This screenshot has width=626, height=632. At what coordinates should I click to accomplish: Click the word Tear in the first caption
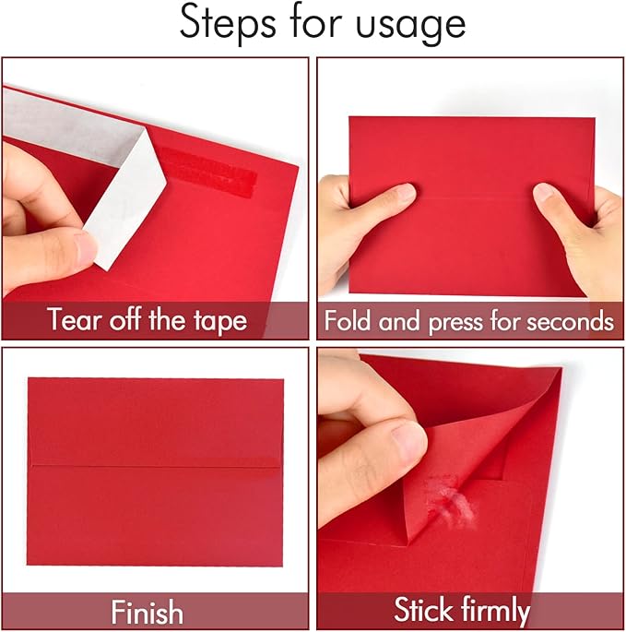coord(73,320)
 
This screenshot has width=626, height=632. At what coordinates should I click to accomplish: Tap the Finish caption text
coord(147,612)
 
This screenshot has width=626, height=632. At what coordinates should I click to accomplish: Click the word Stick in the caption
coord(427,610)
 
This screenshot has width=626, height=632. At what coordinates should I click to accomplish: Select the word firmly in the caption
coord(498,610)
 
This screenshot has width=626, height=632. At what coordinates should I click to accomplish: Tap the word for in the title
coord(322,25)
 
